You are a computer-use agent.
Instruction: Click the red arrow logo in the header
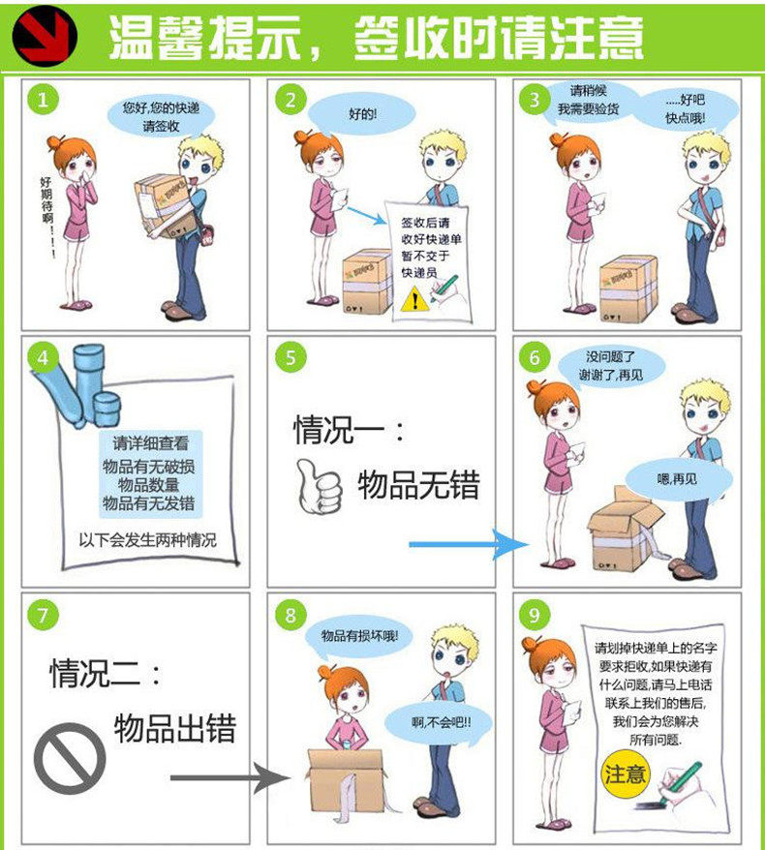(x=45, y=37)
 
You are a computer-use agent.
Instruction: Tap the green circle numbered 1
(x=42, y=99)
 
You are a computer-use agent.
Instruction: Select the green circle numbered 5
(x=291, y=356)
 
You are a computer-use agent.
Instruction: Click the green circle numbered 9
(x=534, y=615)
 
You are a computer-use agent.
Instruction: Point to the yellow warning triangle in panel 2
(x=415, y=299)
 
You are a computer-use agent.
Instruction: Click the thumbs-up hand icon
(x=320, y=486)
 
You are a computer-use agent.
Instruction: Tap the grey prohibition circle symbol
(x=70, y=758)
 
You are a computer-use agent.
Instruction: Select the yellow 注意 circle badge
(x=626, y=774)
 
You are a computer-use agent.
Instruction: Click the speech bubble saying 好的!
(x=361, y=114)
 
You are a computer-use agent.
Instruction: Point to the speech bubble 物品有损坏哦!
(x=359, y=636)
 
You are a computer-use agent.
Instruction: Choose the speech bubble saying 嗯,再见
(x=678, y=478)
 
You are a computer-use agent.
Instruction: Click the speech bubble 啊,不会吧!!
(x=439, y=722)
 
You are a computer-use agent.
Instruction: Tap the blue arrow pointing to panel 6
(x=469, y=544)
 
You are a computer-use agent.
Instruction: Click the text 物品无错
(x=418, y=484)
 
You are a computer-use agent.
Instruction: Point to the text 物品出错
(x=175, y=727)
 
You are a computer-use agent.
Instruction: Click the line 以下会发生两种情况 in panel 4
(x=147, y=540)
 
